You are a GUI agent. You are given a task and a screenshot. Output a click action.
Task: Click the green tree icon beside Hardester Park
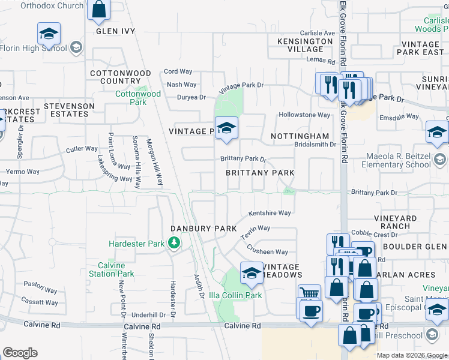174,243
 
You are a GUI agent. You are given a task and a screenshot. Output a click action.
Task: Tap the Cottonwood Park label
138,98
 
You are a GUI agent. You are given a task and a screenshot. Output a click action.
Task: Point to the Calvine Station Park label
112,269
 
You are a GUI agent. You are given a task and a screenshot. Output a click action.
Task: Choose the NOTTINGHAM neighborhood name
300,136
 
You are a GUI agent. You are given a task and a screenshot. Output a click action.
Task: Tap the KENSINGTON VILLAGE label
305,45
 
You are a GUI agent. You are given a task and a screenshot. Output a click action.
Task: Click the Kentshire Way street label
270,213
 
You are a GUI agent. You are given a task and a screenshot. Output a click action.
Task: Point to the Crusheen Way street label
268,252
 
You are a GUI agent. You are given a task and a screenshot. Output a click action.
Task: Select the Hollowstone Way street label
304,115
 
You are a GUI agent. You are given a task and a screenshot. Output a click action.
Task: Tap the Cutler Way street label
82,149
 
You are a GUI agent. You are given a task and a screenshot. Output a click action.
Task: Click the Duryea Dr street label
191,97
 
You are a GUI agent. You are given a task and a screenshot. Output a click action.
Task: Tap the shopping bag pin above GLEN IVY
98,10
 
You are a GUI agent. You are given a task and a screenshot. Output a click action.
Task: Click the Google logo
20,352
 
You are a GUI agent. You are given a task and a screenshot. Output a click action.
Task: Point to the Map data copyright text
411,355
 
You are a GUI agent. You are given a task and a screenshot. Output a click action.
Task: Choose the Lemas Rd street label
320,61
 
